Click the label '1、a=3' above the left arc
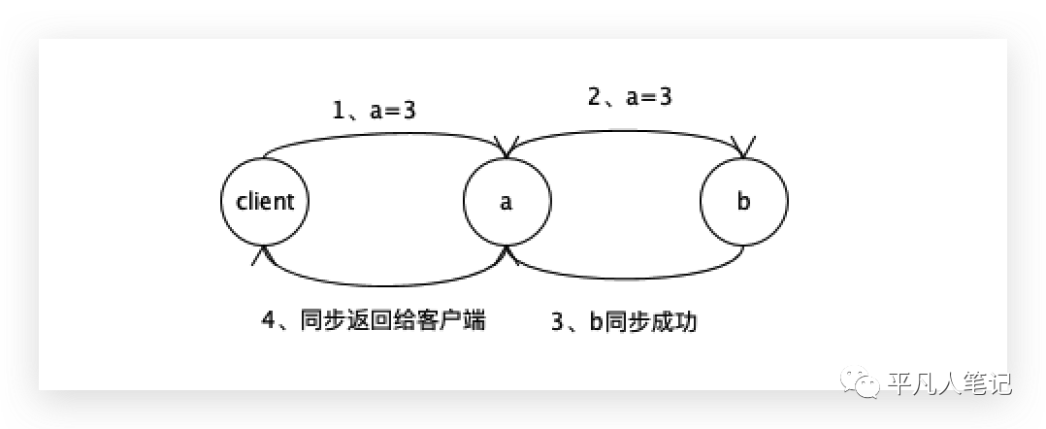pos(375,111)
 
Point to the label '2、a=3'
pos(630,96)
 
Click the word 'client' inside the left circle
pos(265,202)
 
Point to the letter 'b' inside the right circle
pos(743,202)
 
